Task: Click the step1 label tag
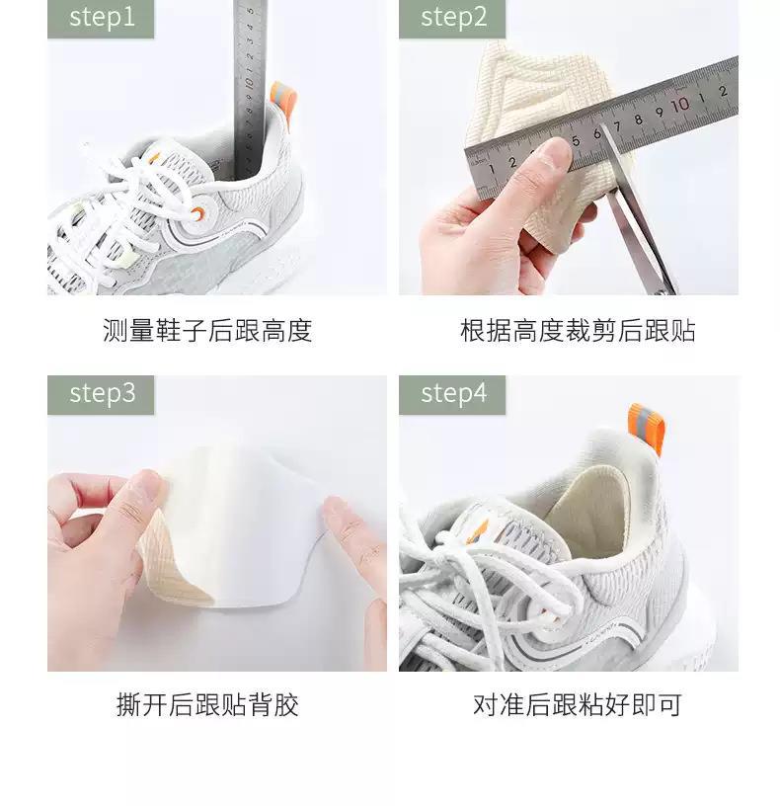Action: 101,18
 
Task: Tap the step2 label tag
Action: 452,18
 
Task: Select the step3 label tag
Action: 101,393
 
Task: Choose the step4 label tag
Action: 452,393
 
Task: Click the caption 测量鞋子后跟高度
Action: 207,331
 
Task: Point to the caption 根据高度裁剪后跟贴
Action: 578,331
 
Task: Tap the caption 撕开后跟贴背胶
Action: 207,705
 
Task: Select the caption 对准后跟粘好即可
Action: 578,705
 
